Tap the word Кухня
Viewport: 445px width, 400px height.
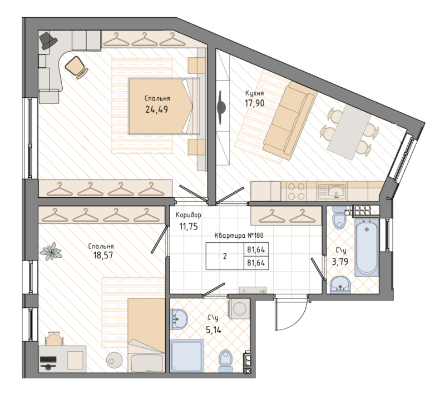coord(254,93)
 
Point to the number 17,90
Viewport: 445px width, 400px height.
coord(254,103)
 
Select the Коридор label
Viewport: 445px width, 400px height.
coord(188,215)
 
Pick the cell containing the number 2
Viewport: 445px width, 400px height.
coord(225,257)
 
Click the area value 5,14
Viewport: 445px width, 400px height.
coord(214,329)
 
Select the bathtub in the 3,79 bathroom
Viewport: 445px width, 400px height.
coord(366,247)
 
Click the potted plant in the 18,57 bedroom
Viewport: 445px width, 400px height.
coord(52,251)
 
